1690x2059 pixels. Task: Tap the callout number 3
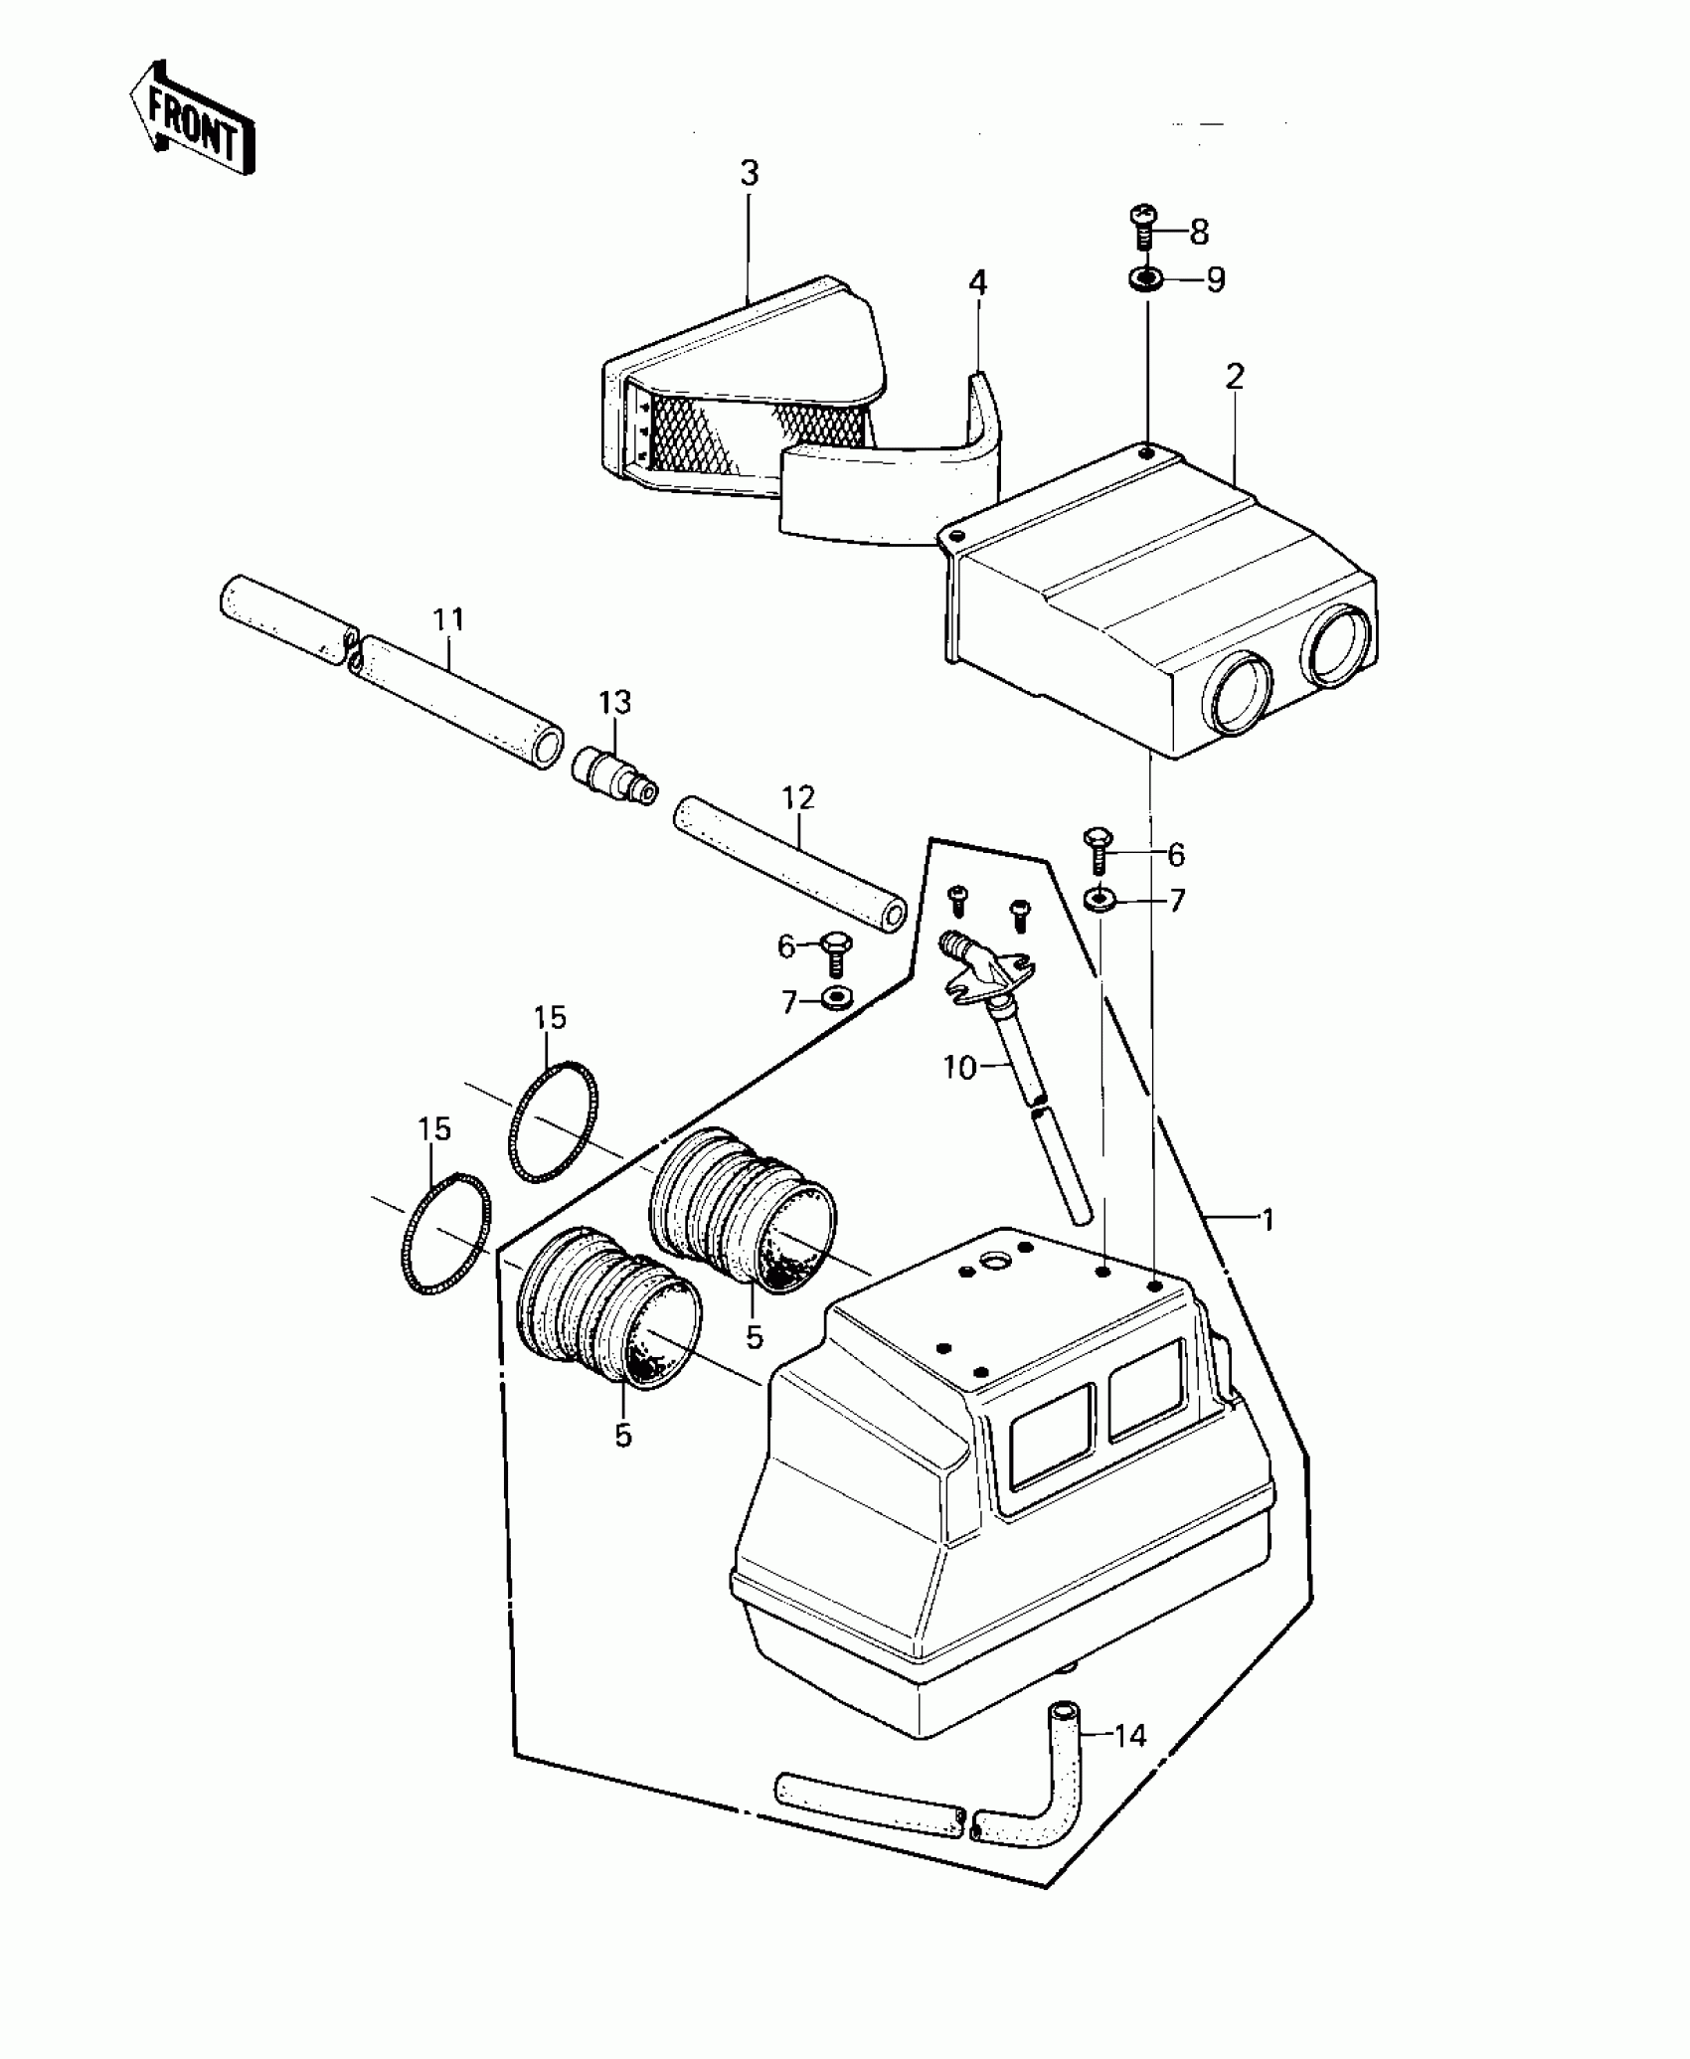point(750,174)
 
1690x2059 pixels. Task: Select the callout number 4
point(978,283)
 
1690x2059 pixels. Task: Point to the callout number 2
point(1235,377)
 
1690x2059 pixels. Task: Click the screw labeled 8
point(1143,226)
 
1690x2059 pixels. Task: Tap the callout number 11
point(449,619)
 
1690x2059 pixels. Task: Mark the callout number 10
point(959,1069)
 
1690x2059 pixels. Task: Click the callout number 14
point(1130,1736)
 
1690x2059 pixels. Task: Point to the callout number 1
point(1267,1219)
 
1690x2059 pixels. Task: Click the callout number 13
point(614,703)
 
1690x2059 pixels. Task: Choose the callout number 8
point(1199,233)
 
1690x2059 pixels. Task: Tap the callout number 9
point(1215,279)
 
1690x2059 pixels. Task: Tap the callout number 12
point(798,798)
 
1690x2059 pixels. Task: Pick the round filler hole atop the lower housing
point(995,1262)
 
